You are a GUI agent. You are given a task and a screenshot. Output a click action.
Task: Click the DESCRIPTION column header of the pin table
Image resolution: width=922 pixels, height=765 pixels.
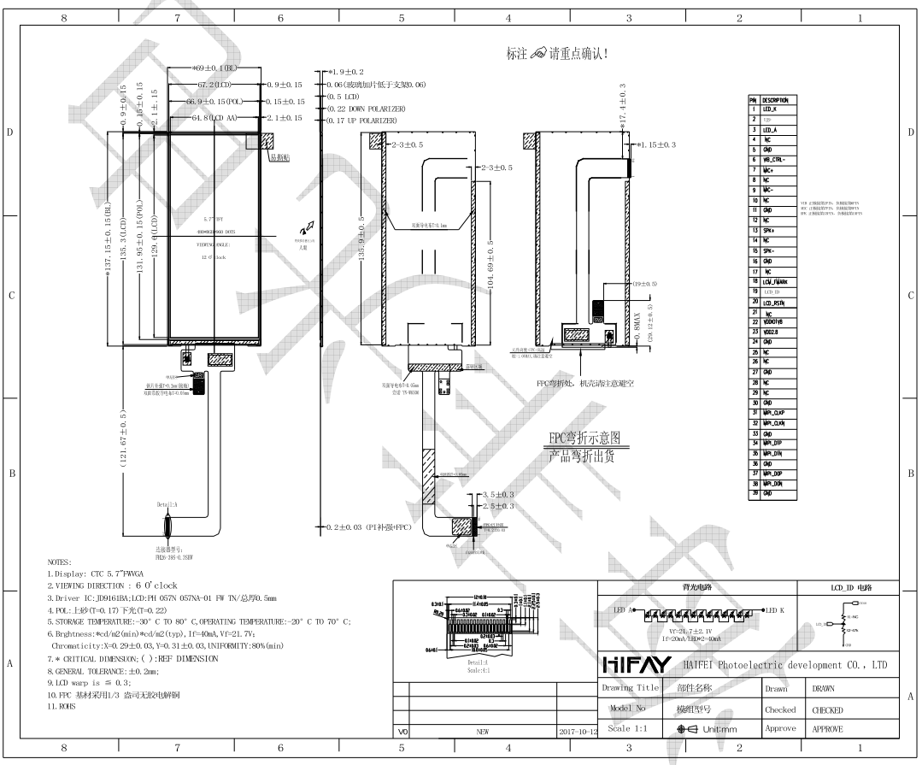[775, 100]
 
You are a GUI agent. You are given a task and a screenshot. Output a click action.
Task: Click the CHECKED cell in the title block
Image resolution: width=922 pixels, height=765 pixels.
[826, 709]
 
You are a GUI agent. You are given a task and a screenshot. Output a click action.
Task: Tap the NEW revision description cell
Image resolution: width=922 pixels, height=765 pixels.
[482, 732]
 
